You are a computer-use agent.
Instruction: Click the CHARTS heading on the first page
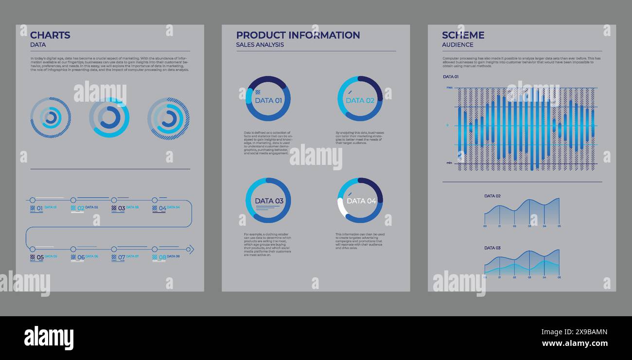click(x=50, y=35)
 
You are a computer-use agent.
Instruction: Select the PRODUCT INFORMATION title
click(x=298, y=35)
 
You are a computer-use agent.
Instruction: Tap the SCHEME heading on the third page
click(x=463, y=35)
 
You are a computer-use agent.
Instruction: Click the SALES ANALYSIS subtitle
click(x=260, y=45)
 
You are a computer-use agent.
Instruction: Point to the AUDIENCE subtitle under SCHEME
click(x=457, y=45)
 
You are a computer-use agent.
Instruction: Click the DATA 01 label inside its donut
click(x=268, y=101)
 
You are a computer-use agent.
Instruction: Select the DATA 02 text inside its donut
click(x=360, y=101)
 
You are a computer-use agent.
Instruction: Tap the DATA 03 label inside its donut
click(x=269, y=201)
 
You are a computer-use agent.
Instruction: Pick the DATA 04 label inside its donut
click(x=361, y=201)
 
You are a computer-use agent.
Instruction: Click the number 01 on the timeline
click(x=40, y=208)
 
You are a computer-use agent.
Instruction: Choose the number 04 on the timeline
click(x=162, y=208)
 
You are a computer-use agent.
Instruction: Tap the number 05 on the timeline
click(x=40, y=257)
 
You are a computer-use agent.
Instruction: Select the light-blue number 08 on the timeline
click(x=162, y=257)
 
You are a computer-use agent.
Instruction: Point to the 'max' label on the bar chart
click(x=450, y=88)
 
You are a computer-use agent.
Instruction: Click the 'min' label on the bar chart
click(x=450, y=163)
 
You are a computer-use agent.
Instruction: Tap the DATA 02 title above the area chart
click(x=492, y=196)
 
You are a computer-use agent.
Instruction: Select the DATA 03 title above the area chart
click(x=492, y=248)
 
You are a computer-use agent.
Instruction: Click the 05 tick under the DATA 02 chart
click(x=559, y=226)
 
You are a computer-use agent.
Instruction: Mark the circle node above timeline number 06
click(x=73, y=249)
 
